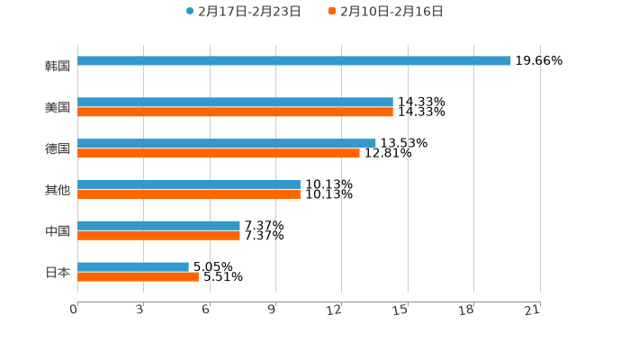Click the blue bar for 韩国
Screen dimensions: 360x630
pos(294,61)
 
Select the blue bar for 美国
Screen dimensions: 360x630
pos(235,103)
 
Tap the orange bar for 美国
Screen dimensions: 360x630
pos(235,112)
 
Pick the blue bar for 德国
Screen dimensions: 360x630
pos(227,144)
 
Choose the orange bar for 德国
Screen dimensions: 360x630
pos(219,154)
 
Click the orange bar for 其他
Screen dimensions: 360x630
pos(189,194)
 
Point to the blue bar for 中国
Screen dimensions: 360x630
pos(158,226)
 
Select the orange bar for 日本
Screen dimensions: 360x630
pos(138,277)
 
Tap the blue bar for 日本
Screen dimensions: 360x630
pos(133,267)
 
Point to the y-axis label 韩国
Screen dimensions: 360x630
pos(58,66)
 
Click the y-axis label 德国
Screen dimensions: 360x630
pos(58,148)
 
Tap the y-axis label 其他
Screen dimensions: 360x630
pos(58,190)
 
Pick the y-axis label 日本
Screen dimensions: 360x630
pos(58,272)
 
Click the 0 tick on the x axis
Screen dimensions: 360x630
pos(75,310)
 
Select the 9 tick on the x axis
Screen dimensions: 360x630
pos(273,310)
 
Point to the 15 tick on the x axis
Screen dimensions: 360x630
pos(402,310)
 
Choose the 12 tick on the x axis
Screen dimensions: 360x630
pos(336,310)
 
